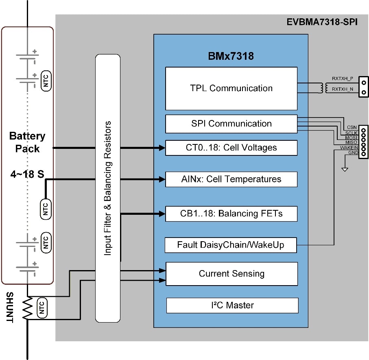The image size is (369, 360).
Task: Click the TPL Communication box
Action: click(x=231, y=88)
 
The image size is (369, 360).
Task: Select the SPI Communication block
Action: click(x=231, y=124)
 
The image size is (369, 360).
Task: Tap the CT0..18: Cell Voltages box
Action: click(x=231, y=148)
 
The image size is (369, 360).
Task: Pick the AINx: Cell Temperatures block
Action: click(x=231, y=179)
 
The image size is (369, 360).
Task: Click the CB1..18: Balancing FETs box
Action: click(x=231, y=213)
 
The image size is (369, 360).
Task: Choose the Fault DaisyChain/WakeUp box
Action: click(x=230, y=245)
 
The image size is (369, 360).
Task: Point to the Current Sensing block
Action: click(x=231, y=274)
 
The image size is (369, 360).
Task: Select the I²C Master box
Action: click(x=232, y=305)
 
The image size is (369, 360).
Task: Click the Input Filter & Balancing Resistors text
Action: click(x=108, y=188)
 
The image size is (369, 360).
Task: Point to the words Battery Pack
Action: click(x=27, y=142)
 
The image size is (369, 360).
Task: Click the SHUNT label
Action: click(x=9, y=308)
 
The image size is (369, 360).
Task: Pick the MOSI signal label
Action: click(x=351, y=137)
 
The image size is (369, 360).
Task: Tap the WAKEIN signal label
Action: click(x=349, y=148)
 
